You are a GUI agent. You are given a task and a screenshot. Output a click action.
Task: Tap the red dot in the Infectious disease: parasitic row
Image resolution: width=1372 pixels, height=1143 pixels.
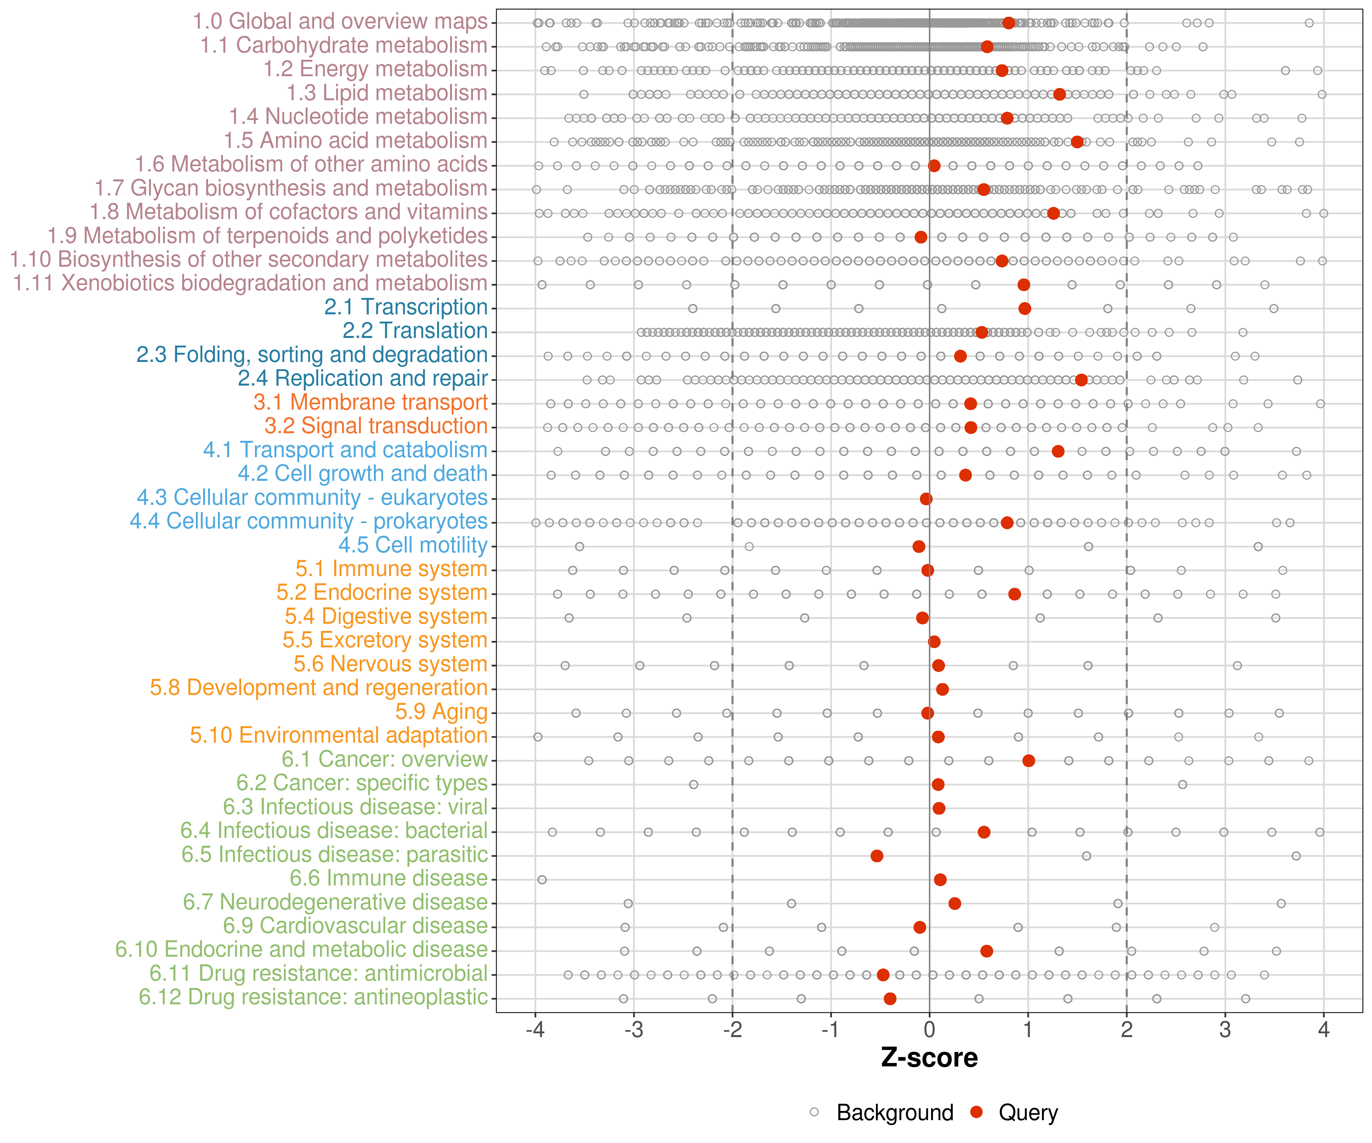[877, 856]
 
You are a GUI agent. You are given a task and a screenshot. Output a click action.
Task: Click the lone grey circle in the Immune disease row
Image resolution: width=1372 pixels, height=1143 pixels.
[542, 880]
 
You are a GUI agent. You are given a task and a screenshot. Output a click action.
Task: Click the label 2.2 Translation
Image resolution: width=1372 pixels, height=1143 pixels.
[415, 331]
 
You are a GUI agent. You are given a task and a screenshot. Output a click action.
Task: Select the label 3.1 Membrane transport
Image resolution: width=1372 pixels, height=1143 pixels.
[370, 402]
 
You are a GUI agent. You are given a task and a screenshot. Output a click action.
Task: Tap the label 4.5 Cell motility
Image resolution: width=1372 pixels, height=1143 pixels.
[413, 545]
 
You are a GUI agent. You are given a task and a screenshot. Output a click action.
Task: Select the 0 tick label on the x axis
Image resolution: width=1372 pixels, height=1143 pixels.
[929, 1030]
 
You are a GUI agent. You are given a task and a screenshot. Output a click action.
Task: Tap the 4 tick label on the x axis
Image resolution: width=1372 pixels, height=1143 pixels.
[1324, 1030]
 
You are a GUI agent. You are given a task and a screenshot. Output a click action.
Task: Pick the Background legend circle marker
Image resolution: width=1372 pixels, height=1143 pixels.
[814, 1112]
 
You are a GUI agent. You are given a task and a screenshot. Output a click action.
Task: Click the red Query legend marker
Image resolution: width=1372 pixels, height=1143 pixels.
[977, 1112]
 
